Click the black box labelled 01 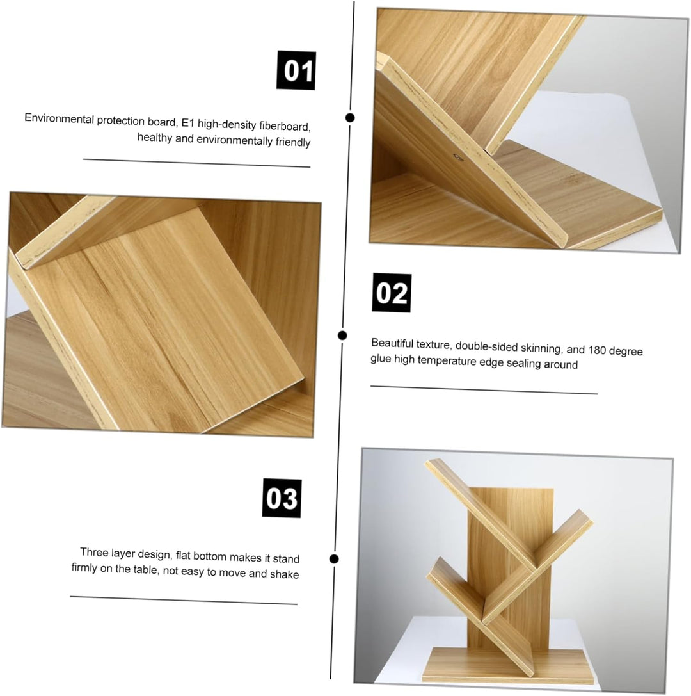(296, 70)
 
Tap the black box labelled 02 (392, 293)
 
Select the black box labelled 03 (282, 498)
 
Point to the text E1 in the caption (188, 123)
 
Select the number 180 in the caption (597, 350)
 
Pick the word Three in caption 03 (94, 552)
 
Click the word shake (284, 574)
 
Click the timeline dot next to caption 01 (350, 118)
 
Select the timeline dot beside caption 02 (342, 335)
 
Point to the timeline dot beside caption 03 (335, 558)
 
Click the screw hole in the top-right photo (457, 157)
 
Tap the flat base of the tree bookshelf (508, 666)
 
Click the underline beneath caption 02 (484, 390)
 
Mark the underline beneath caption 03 (184, 600)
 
